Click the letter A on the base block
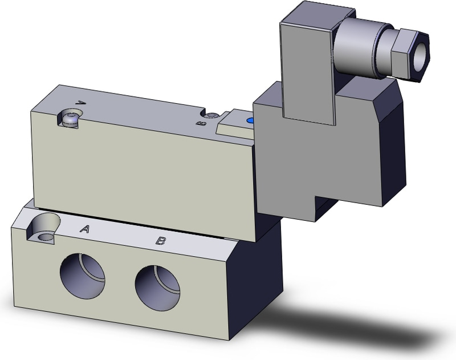click(85, 229)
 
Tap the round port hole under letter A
click(83, 274)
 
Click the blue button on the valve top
click(249, 121)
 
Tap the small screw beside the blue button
click(213, 116)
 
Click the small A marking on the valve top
click(80, 103)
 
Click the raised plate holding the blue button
click(235, 124)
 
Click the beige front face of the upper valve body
click(142, 165)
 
